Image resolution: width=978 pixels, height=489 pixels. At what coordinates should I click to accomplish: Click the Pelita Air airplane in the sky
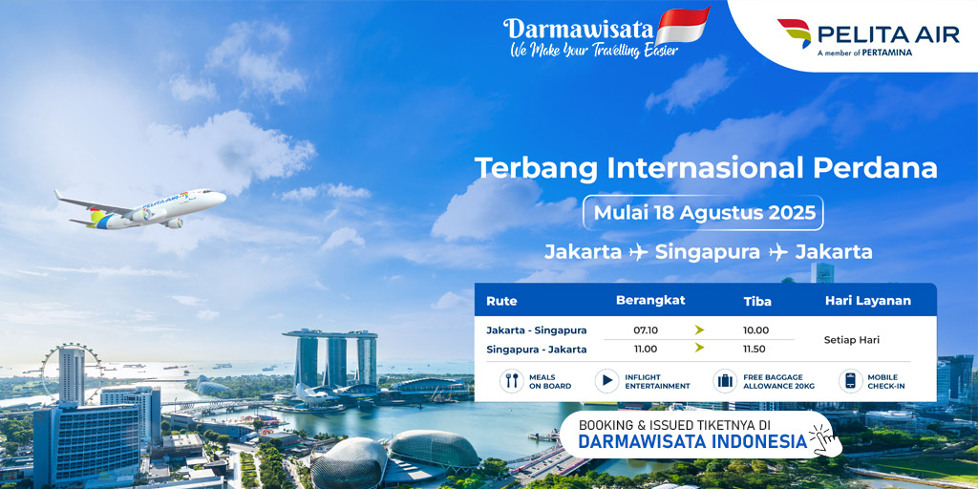click(x=140, y=209)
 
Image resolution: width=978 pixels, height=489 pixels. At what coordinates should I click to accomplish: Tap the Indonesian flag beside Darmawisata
click(x=682, y=25)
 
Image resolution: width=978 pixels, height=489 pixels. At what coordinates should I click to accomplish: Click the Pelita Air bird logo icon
click(x=795, y=32)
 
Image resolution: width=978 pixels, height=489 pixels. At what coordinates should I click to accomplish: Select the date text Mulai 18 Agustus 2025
click(x=704, y=213)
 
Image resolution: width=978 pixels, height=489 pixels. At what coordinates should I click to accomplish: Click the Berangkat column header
click(x=650, y=300)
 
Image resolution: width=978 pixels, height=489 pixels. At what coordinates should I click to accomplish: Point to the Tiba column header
click(x=757, y=301)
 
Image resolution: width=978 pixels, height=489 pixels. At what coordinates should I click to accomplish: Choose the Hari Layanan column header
click(x=867, y=301)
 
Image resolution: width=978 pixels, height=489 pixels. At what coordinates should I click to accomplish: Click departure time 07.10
click(x=646, y=330)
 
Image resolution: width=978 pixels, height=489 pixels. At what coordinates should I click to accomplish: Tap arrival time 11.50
click(x=755, y=350)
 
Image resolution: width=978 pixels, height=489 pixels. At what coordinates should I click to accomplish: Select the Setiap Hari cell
click(x=851, y=341)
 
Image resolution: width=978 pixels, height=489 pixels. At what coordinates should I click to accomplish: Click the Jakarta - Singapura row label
click(x=537, y=330)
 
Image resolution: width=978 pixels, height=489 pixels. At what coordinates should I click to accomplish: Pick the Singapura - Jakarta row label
click(x=537, y=350)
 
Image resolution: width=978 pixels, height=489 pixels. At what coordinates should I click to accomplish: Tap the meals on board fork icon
click(x=512, y=380)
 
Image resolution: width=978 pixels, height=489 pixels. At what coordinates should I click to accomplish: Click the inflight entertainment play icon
click(x=606, y=380)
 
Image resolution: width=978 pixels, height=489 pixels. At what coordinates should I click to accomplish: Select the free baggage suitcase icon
click(x=725, y=380)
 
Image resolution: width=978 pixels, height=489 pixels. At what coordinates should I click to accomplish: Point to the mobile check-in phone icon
click(x=850, y=380)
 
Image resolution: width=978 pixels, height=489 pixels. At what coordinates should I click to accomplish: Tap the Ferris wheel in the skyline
click(x=72, y=372)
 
